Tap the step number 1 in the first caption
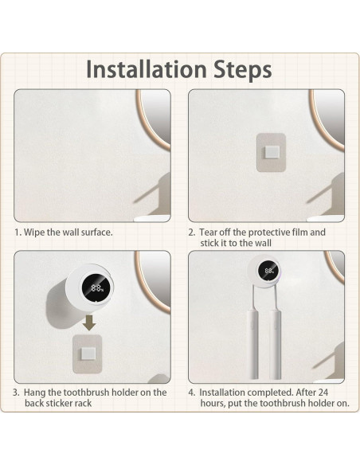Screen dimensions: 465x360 pyautogui.click(x=18, y=232)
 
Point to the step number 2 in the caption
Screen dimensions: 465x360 pyautogui.click(x=191, y=232)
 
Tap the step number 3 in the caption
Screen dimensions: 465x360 pyautogui.click(x=17, y=393)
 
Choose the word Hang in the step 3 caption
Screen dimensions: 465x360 pyautogui.click(x=38, y=393)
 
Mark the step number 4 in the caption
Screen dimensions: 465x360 pyautogui.click(x=191, y=393)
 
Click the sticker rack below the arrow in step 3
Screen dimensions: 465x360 pyautogui.click(x=89, y=351)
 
